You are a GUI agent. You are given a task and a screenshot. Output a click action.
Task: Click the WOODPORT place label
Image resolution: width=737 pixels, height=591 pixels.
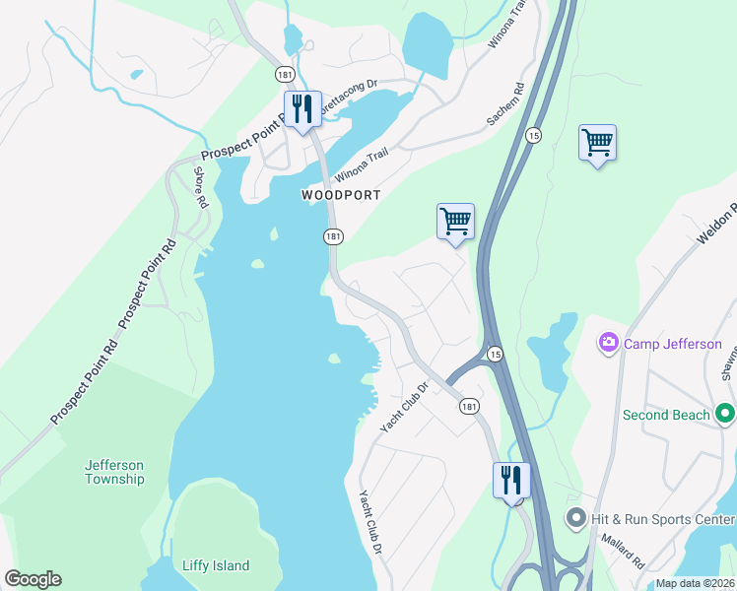341,195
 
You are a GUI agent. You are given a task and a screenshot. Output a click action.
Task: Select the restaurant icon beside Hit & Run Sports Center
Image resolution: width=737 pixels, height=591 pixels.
511,481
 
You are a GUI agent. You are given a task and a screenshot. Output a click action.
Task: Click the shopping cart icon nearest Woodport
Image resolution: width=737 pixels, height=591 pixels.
455,221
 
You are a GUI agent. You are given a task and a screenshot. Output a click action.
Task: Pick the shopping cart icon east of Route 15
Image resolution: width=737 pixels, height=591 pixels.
597,143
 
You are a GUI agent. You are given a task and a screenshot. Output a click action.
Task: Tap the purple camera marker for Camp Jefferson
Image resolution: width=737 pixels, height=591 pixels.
608,344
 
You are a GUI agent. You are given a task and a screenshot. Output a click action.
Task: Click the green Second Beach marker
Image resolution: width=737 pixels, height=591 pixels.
725,415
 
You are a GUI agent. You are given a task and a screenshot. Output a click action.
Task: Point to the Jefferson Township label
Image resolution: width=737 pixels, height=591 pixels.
114,472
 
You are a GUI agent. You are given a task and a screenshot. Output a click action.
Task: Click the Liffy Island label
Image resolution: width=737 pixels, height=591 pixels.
216,566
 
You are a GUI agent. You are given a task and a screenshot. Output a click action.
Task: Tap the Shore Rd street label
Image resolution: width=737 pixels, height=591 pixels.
200,186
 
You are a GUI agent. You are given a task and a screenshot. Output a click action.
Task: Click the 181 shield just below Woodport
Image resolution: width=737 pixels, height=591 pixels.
334,236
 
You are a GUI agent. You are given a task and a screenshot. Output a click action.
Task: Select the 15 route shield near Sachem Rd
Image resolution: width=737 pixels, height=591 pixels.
532,135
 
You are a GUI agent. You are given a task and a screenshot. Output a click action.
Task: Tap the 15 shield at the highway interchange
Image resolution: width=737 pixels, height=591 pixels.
495,354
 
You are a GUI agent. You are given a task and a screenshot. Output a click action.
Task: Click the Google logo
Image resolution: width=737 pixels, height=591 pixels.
33,579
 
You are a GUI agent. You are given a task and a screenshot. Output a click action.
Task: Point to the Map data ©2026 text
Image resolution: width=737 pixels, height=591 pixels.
695,583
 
